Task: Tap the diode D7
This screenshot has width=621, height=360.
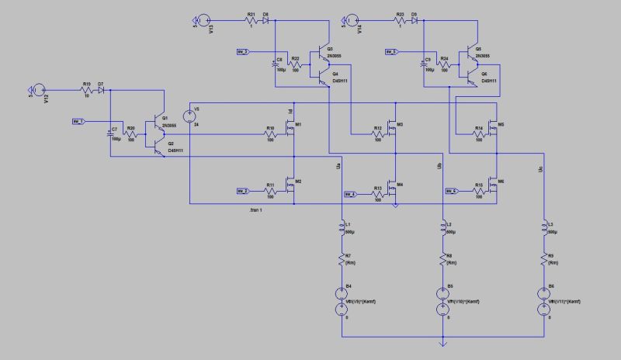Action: coord(102,90)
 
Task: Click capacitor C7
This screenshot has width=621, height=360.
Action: coord(109,133)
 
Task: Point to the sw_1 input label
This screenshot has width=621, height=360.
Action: coord(78,122)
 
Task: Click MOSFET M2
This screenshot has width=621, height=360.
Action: coord(292,184)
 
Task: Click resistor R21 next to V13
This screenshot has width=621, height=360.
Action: coord(251,19)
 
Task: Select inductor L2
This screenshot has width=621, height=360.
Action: coord(442,229)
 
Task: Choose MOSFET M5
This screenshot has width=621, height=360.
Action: coord(494,129)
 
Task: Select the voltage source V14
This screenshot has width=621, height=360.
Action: coord(350,19)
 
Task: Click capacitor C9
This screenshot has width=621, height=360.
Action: coord(425,65)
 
